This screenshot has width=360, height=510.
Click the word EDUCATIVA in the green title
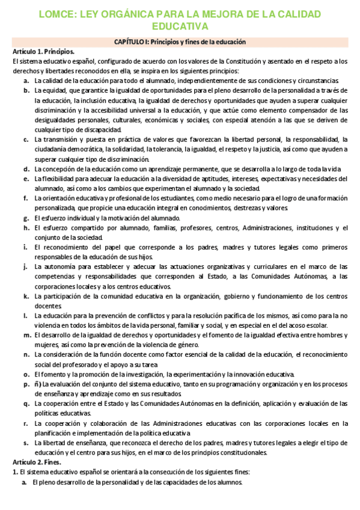[179, 26]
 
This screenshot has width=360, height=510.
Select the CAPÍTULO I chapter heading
[179, 41]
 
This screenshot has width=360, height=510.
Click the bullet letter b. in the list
[27, 90]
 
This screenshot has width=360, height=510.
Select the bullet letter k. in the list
[27, 296]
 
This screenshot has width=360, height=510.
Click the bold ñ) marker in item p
[38, 384]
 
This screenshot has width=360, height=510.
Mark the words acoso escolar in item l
[309, 325]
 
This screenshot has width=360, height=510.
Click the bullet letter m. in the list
[27, 335]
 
